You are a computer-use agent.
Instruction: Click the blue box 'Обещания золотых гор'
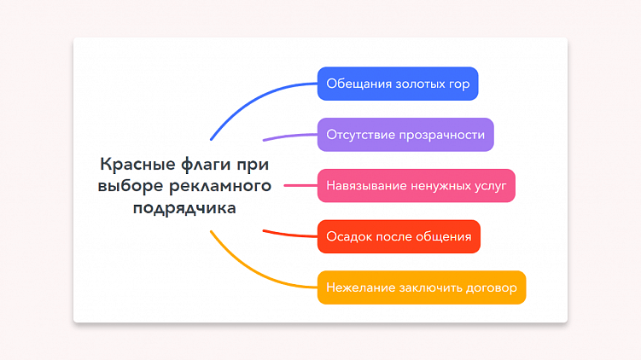click(398, 84)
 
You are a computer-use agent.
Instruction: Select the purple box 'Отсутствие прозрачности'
click(405, 135)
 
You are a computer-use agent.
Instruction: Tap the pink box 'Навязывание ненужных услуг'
click(416, 185)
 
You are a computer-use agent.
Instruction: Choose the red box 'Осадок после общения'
click(399, 236)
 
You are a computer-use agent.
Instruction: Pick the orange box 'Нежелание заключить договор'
click(422, 287)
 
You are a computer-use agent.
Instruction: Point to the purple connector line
click(290, 135)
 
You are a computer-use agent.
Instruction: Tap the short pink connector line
click(300, 185)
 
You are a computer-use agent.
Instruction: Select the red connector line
click(290, 234)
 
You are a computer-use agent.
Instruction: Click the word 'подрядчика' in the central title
click(184, 206)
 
